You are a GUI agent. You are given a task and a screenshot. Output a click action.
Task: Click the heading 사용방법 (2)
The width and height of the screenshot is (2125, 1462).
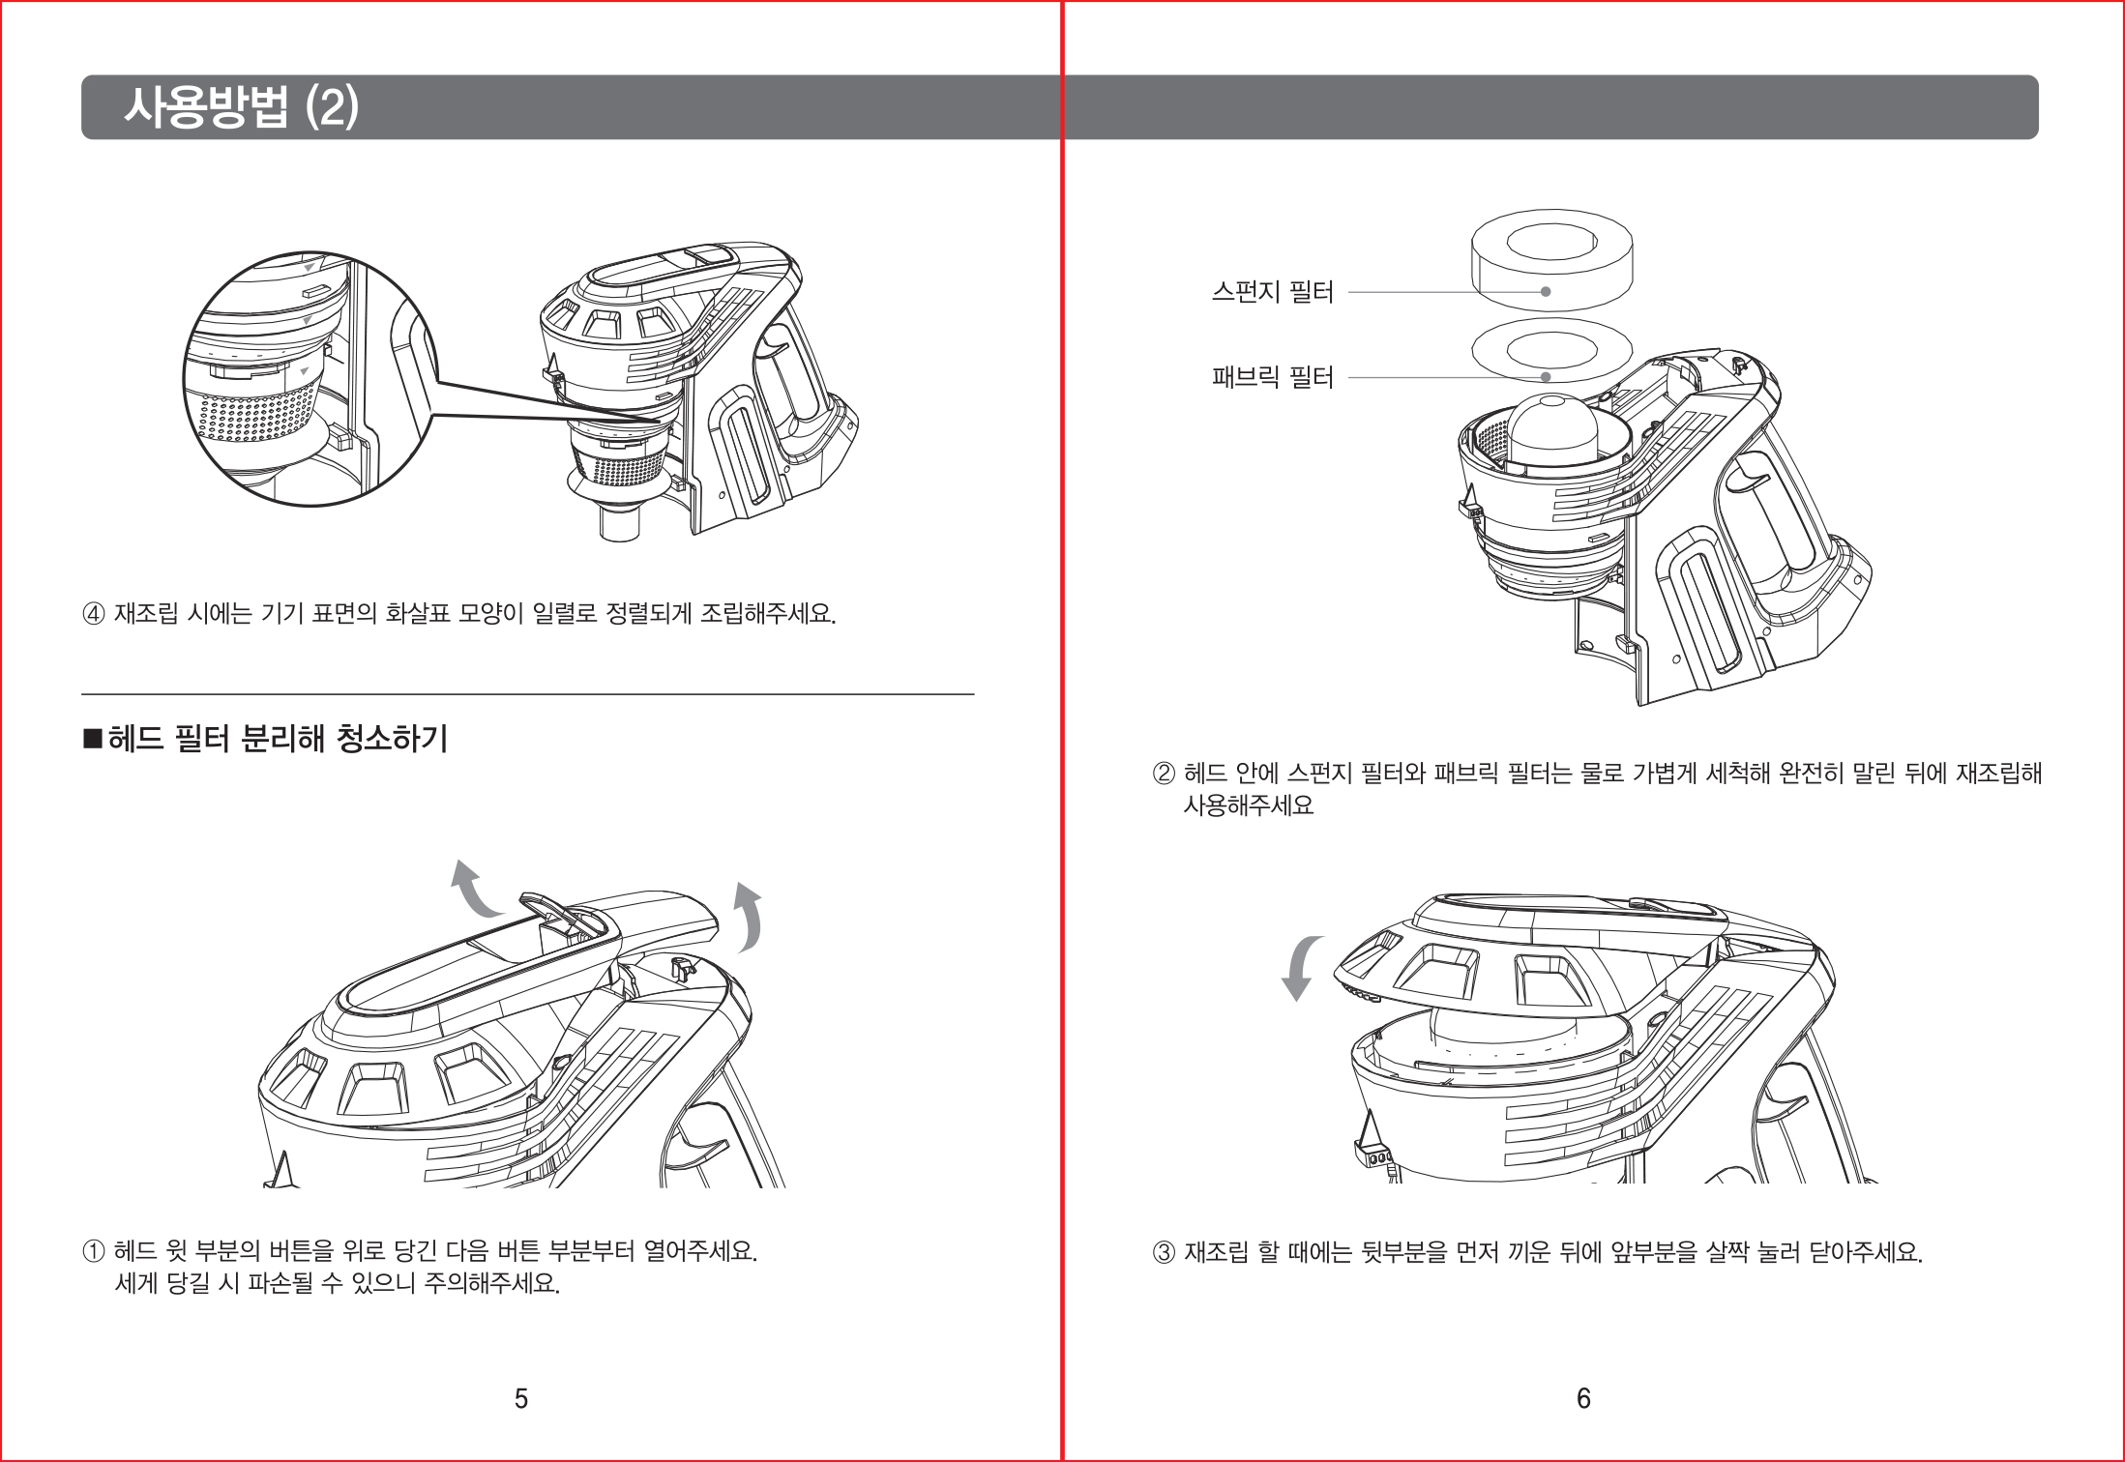coord(241,107)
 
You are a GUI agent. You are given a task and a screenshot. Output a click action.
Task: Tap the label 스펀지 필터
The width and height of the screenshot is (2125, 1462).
coord(1272,291)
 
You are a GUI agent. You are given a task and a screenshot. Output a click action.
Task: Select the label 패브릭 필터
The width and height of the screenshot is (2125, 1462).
coord(1272,377)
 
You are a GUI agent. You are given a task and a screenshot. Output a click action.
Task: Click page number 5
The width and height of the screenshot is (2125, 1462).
coord(521,1398)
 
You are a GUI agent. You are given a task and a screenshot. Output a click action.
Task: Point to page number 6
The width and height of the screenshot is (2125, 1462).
coord(1583,1398)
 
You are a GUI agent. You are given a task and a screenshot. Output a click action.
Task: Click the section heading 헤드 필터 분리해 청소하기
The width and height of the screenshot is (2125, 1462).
coord(278,740)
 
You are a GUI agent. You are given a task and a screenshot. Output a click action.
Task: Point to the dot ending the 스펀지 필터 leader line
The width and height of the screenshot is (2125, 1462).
coord(1546,291)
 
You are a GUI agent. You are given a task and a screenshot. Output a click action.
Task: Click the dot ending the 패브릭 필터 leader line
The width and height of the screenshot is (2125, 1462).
coord(1546,377)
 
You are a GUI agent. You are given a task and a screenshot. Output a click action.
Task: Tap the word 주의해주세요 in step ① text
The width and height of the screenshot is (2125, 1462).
coord(492,1284)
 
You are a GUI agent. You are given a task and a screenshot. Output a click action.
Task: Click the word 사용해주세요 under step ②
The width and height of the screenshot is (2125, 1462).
coord(1249,805)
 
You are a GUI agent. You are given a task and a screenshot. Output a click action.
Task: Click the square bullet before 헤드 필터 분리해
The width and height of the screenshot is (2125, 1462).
coord(93,741)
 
